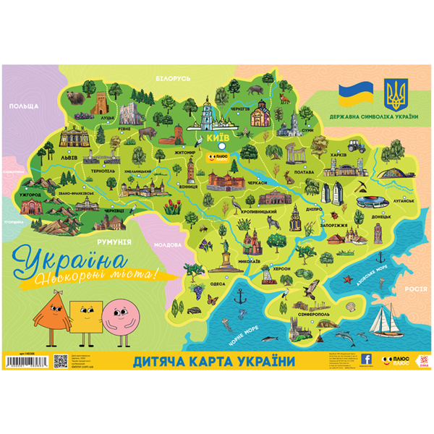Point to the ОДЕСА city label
point(216,284)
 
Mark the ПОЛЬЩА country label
point(24,106)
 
